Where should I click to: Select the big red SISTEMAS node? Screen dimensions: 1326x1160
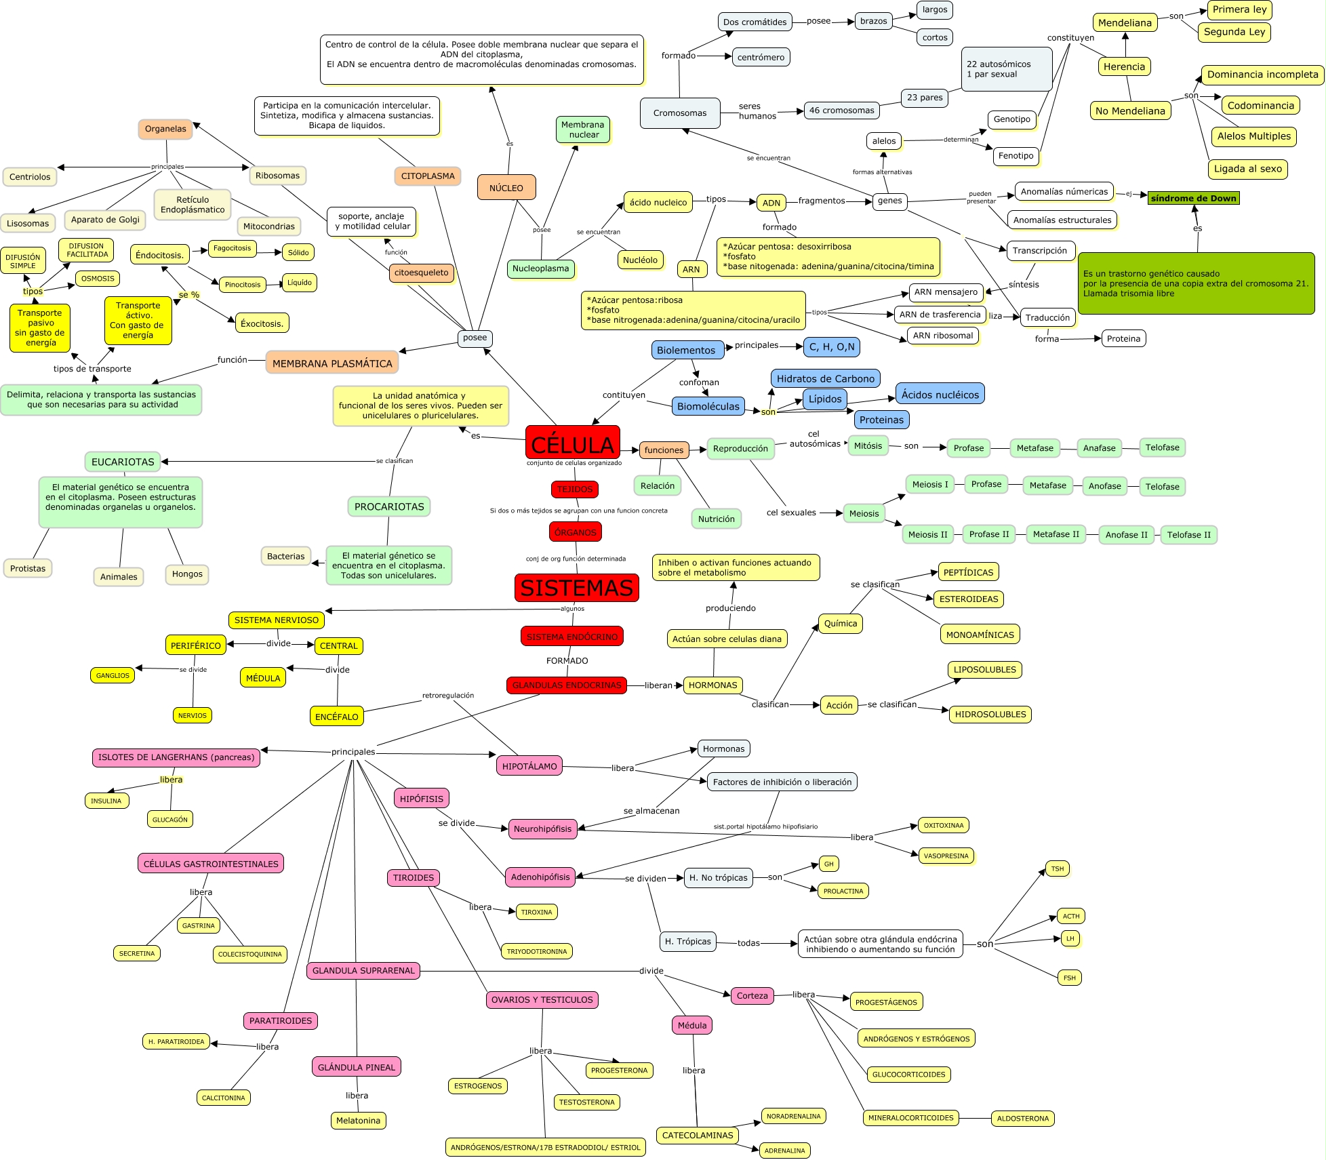pyautogui.click(x=576, y=587)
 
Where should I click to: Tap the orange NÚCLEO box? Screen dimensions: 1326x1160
pyautogui.click(x=506, y=188)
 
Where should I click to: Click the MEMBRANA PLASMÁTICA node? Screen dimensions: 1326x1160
pyautogui.click(x=332, y=363)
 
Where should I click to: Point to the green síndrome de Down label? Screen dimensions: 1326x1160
pyautogui.click(x=1193, y=198)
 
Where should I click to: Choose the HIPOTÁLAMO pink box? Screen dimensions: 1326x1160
pyautogui.click(x=529, y=766)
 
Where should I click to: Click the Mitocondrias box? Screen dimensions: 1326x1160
pyautogui.click(x=269, y=226)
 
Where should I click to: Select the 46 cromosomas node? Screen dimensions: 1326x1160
pyautogui.click(x=841, y=111)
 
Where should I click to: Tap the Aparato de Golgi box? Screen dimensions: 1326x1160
pyautogui.click(x=105, y=220)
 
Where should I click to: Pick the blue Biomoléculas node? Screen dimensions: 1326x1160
pyautogui.click(x=708, y=406)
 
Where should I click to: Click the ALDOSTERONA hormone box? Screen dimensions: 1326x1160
pyautogui.click(x=1022, y=1118)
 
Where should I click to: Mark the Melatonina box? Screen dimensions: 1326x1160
pyautogui.click(x=358, y=1120)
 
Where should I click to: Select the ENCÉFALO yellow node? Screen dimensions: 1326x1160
pyautogui.click(x=337, y=717)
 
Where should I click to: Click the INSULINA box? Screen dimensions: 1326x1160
pyautogui.click(x=106, y=801)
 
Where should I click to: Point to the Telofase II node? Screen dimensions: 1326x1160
pyautogui.click(x=1188, y=535)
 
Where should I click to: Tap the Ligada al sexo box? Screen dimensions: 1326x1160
pyautogui.click(x=1247, y=169)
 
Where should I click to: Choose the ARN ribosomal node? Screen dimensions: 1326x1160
pyautogui.click(x=942, y=336)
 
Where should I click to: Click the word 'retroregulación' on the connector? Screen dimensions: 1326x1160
pyautogui.click(x=448, y=696)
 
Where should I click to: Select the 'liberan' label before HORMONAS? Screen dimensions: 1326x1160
pyautogui.click(x=658, y=685)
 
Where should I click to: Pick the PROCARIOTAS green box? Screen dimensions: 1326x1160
pyautogui.click(x=389, y=506)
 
